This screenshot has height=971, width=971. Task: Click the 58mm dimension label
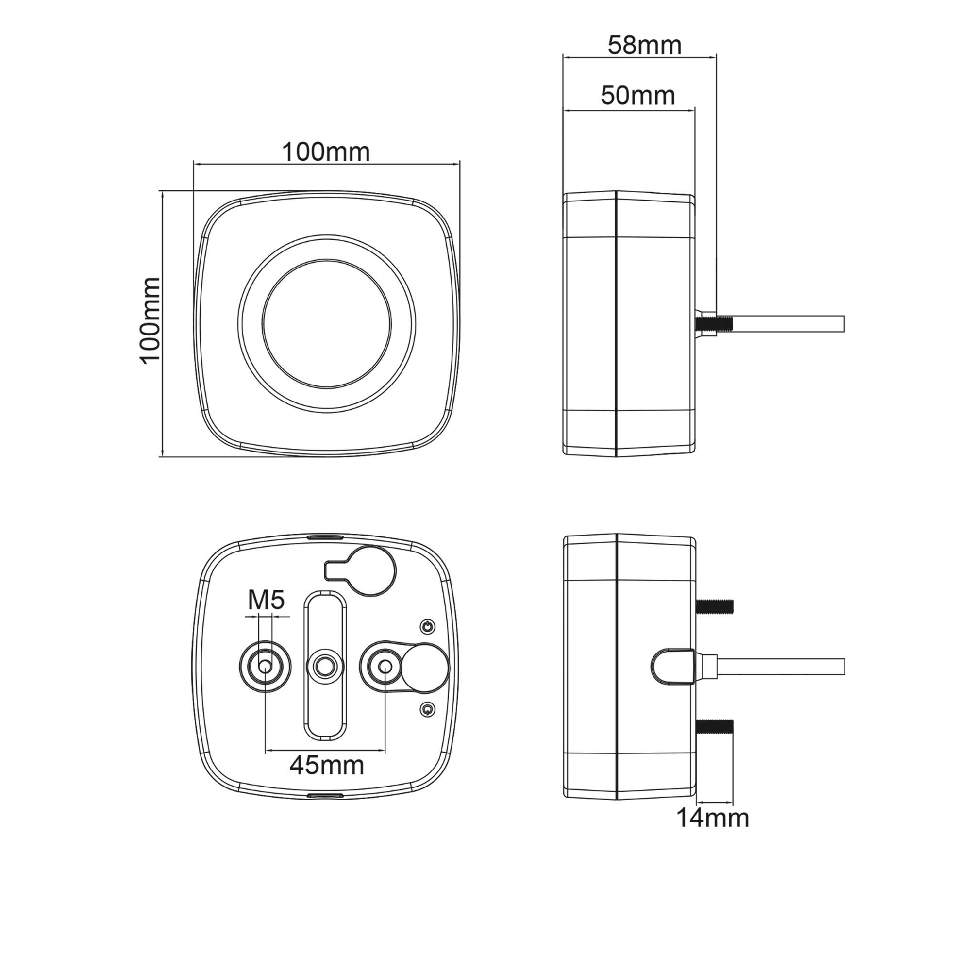(644, 46)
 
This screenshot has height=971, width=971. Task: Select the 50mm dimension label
(637, 96)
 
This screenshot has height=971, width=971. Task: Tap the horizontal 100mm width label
(326, 152)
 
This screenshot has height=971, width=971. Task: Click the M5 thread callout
(267, 600)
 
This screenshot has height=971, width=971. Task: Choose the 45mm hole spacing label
(327, 766)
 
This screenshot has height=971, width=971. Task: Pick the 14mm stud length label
(713, 818)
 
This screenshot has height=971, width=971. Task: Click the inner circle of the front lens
(327, 324)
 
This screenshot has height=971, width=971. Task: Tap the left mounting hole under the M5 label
(265, 667)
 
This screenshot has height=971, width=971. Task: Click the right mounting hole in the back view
(385, 667)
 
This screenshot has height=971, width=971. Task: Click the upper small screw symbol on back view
(427, 627)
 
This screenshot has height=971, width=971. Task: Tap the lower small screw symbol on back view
(427, 709)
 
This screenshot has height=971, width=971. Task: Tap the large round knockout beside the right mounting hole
(425, 667)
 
